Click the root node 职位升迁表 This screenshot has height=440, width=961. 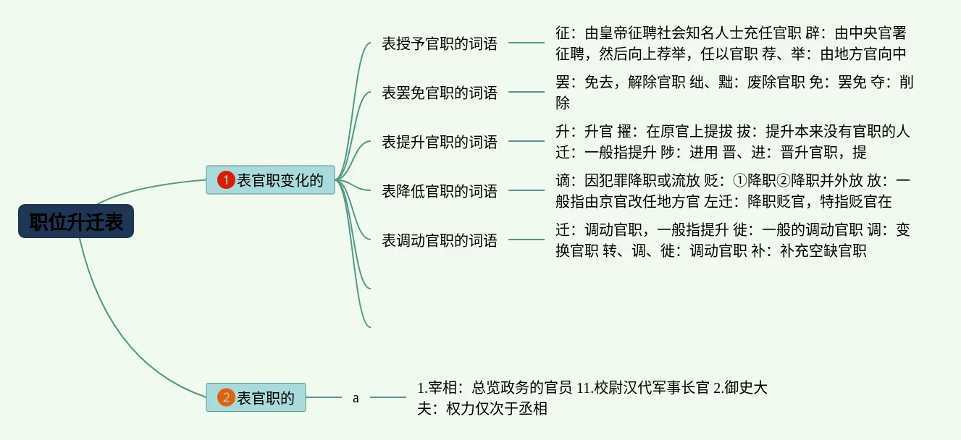[x=76, y=222]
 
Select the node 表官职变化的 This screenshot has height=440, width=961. [x=270, y=180]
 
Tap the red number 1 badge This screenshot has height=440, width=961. [x=226, y=180]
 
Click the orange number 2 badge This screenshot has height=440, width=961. [x=226, y=397]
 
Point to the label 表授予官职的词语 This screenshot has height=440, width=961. [x=440, y=43]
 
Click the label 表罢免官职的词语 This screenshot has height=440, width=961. [x=440, y=93]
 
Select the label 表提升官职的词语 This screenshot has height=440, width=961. [x=440, y=142]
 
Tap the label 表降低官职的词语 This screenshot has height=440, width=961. [x=440, y=191]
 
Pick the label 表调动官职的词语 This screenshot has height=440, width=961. [x=440, y=240]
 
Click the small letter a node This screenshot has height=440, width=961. [x=356, y=398]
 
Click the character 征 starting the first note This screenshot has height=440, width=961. [x=563, y=33]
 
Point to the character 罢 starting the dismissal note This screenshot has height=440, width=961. [x=563, y=82]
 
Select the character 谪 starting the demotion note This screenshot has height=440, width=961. [x=563, y=181]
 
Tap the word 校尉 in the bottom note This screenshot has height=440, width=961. [x=608, y=388]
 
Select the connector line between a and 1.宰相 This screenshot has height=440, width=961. [x=388, y=397]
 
